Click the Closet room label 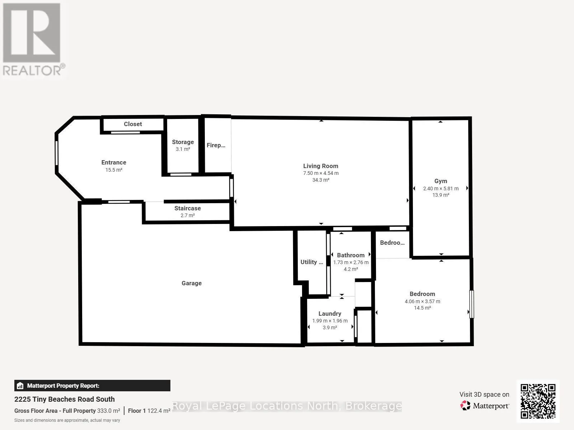pyautogui.click(x=133, y=124)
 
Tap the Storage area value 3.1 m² pyautogui.click(x=183, y=149)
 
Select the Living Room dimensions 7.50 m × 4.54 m pyautogui.click(x=321, y=173)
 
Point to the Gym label pyautogui.click(x=441, y=181)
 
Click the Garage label pyautogui.click(x=192, y=283)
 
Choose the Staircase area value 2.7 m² pyautogui.click(x=188, y=215)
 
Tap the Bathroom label pyautogui.click(x=350, y=255)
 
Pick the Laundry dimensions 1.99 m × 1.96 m pyautogui.click(x=330, y=321)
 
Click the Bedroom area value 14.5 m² pyautogui.click(x=422, y=308)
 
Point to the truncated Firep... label pyautogui.click(x=216, y=145)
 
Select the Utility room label pyautogui.click(x=312, y=262)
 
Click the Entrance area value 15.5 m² pyautogui.click(x=114, y=170)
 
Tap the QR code pyautogui.click(x=538, y=401)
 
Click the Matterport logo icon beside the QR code pyautogui.click(x=465, y=406)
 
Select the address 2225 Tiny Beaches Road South pyautogui.click(x=64, y=399)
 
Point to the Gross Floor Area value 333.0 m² pyautogui.click(x=109, y=411)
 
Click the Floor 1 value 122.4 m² pyautogui.click(x=159, y=411)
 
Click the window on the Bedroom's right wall pyautogui.click(x=472, y=304)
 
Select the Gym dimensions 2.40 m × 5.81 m pyautogui.click(x=441, y=188)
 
